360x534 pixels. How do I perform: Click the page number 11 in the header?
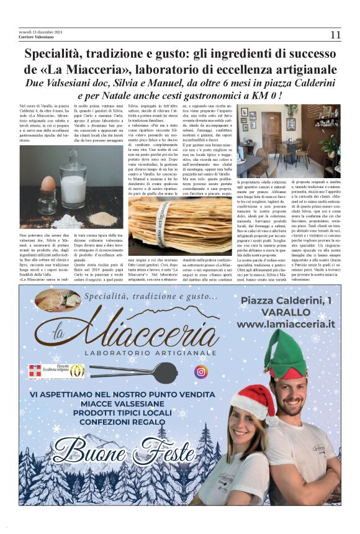(335, 35)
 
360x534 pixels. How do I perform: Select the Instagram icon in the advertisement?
(200, 371)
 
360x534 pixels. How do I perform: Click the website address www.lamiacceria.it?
(286, 324)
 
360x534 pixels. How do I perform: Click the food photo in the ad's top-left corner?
(58, 300)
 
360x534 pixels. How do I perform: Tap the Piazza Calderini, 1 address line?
(286, 301)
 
